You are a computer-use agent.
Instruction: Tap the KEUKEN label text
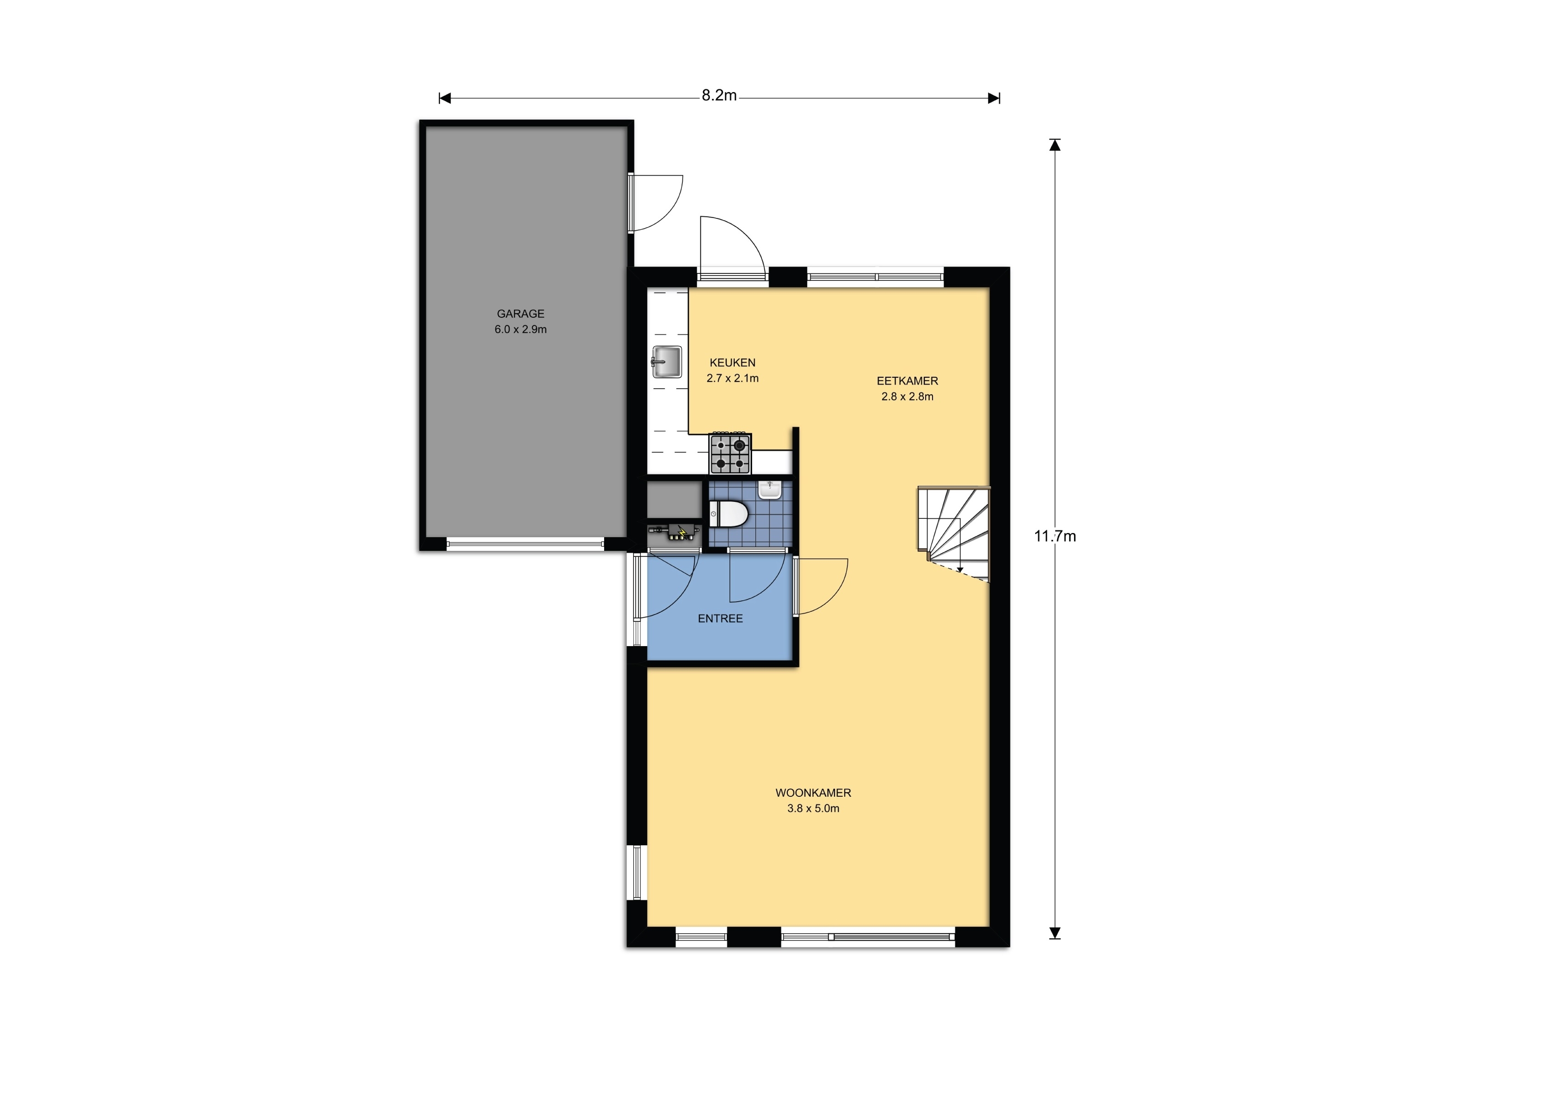pyautogui.click(x=732, y=363)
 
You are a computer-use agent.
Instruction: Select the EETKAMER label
pyautogui.click(x=907, y=381)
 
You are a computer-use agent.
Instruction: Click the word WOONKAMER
pyautogui.click(x=813, y=793)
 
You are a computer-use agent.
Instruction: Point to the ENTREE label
pyautogui.click(x=720, y=619)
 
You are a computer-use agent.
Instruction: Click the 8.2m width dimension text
pyautogui.click(x=719, y=96)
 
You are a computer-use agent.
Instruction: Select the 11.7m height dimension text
pyautogui.click(x=1054, y=537)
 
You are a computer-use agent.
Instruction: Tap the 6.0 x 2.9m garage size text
pyautogui.click(x=520, y=330)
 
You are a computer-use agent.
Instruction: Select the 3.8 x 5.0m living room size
pyautogui.click(x=813, y=809)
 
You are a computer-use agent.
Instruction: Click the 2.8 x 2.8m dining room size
pyautogui.click(x=907, y=397)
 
